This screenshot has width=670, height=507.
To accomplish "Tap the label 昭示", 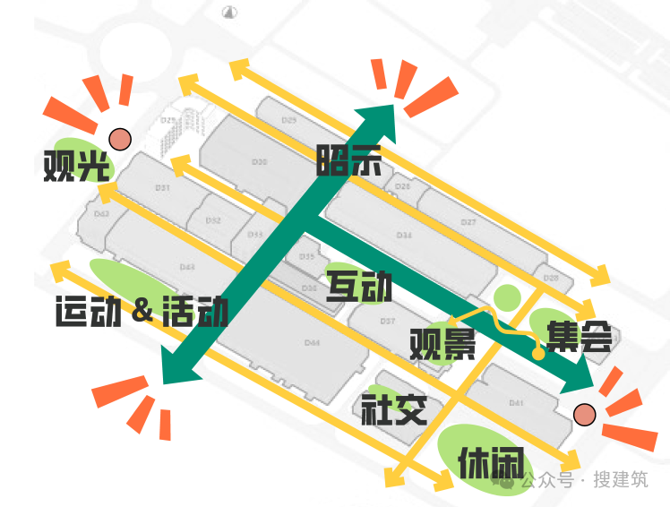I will [348, 160].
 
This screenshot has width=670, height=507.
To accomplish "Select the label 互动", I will [359, 287].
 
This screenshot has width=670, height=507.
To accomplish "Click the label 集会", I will [580, 336].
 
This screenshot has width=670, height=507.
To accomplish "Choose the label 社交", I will [393, 409].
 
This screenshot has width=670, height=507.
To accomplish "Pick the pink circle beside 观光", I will [119, 139].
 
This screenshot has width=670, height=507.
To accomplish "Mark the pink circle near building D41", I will [584, 414].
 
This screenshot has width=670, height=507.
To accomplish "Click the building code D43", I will [187, 267].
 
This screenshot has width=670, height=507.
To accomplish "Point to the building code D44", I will [312, 343].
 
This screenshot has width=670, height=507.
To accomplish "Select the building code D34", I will [404, 236].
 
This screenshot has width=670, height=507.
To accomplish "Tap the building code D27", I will [468, 221].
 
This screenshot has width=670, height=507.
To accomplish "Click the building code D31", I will [162, 188].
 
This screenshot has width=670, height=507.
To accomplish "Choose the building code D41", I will [516, 403].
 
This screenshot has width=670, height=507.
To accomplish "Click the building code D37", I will [388, 320].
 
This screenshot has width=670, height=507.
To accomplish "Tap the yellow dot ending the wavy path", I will [538, 354].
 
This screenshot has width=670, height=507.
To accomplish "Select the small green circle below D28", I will [507, 296].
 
